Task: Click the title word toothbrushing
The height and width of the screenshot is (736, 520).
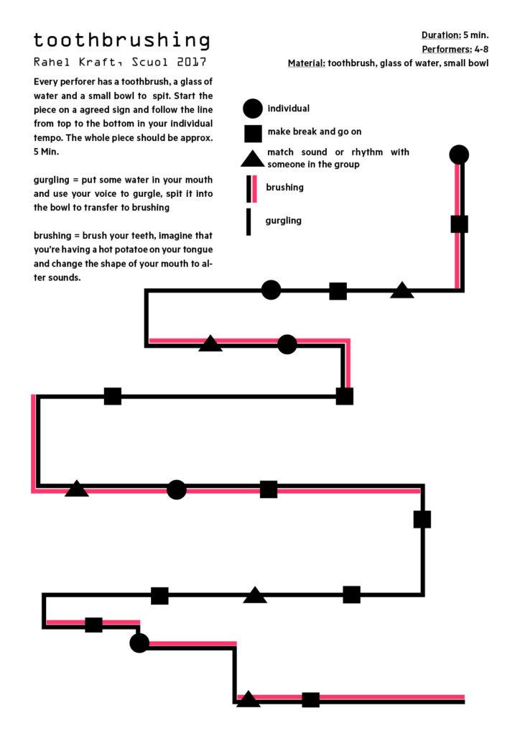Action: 121,41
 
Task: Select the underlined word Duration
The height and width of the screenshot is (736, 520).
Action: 441,35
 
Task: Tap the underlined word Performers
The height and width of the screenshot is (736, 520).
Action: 447,50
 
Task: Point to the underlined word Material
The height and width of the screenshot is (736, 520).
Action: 307,63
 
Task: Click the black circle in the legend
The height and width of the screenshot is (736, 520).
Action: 252,109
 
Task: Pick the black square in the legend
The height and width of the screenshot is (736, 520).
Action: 254,133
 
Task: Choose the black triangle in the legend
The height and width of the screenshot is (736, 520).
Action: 253,159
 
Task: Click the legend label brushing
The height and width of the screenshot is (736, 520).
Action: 284,188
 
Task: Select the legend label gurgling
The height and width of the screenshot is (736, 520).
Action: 283,221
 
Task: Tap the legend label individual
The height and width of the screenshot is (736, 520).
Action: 288,109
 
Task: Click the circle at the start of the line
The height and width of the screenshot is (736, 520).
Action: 459,155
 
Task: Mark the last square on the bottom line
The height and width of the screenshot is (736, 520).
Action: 310,699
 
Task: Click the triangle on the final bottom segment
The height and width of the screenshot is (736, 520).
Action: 248,699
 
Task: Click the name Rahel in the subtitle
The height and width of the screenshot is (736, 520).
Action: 52,62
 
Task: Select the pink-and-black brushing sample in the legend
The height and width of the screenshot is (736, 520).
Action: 251,189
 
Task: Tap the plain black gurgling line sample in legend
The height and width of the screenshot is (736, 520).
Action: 249,222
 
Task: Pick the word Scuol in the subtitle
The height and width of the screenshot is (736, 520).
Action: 149,62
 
